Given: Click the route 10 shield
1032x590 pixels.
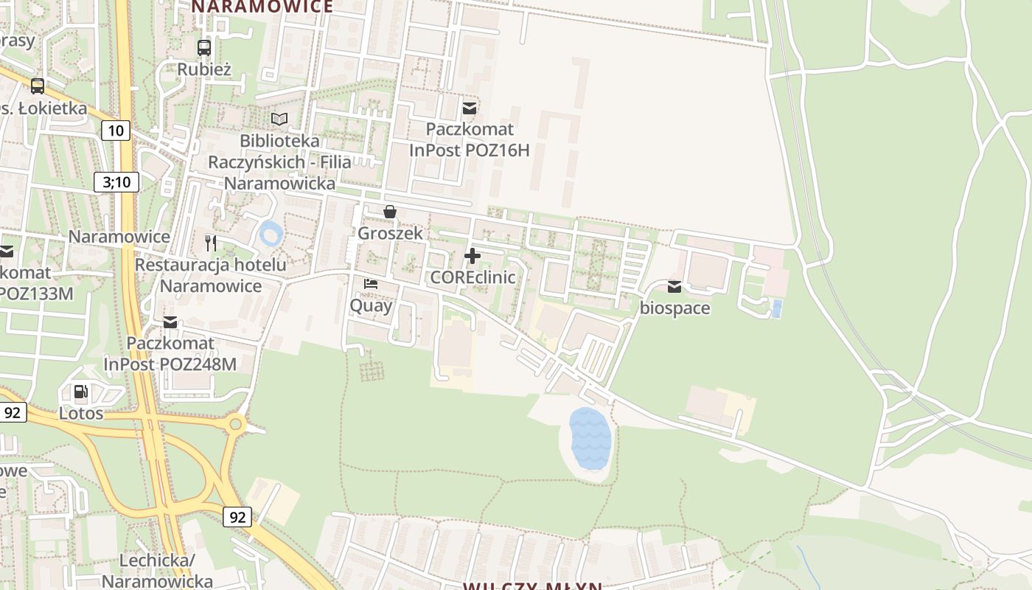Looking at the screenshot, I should pos(116,131).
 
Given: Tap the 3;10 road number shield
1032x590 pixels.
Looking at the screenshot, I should pos(116,182).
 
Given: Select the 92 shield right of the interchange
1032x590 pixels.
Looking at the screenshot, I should pos(237,517).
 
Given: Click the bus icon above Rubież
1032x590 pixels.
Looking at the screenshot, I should pos(204,48).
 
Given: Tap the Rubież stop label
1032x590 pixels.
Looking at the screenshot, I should pos(204,70).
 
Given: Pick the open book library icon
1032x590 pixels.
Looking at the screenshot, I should pos(279,119).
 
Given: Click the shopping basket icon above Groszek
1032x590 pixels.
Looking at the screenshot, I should pos(390,212).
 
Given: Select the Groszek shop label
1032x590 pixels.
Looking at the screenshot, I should pos(390,233).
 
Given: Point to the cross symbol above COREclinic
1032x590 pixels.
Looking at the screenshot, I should pos(473,256).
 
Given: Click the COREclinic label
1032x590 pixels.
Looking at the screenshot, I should pos(473,277).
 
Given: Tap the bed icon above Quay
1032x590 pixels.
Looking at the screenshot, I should pos(371,284).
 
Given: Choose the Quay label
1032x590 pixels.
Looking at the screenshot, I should pos(371,305).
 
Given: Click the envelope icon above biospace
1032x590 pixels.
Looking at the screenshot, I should pos(674,287).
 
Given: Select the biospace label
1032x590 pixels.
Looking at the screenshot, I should pos(674,308).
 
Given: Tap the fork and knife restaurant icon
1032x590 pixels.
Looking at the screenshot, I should pos(211,243).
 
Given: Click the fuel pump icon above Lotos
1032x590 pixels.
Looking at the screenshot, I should pos(81,392).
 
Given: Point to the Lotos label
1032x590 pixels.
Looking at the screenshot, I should pos(81,413).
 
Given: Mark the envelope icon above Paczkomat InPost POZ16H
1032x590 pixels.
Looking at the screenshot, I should pos(470,108).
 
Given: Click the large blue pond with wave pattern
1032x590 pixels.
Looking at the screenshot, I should pos(590,440).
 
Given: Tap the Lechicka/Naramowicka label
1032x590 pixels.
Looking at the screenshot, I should pos(157,571).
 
